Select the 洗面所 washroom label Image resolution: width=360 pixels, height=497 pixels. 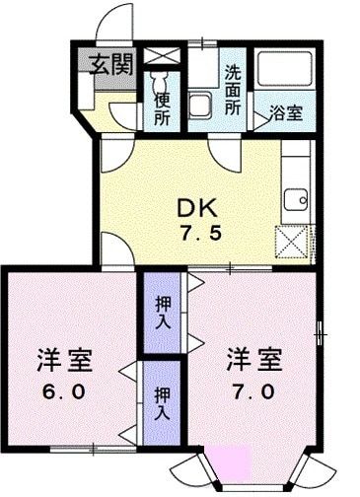coord(233,90)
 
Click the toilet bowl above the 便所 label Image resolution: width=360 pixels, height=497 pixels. coord(161,79)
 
